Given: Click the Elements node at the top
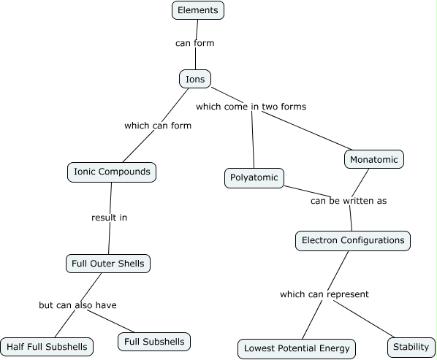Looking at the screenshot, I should pos(197,10).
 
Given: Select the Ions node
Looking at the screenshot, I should pos(195,79).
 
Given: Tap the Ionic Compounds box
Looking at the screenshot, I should pos(112,172).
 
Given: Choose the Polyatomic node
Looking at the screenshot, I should pos(254,177).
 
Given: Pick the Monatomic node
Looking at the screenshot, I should pos(373,159).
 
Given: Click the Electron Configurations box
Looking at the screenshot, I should pos(353,240).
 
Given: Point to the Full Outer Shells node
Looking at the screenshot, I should pos(108,263).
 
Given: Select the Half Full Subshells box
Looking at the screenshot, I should pos(47,346).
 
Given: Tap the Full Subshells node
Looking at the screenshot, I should pos(154,341).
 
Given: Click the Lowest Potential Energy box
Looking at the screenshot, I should pos(297,348).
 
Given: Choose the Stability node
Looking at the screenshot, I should pos(411,347).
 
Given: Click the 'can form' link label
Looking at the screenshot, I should pos(194,43).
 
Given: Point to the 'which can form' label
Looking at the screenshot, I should pos(158,126).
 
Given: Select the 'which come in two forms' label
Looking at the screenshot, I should pos(251,107).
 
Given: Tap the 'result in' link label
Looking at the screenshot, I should pos(110,218).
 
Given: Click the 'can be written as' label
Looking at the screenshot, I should pos(348,201).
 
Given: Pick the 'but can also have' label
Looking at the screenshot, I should pos(77,305).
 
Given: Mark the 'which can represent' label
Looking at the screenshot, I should pos(324,294).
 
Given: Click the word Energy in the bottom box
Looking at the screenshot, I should pos(332,348).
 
